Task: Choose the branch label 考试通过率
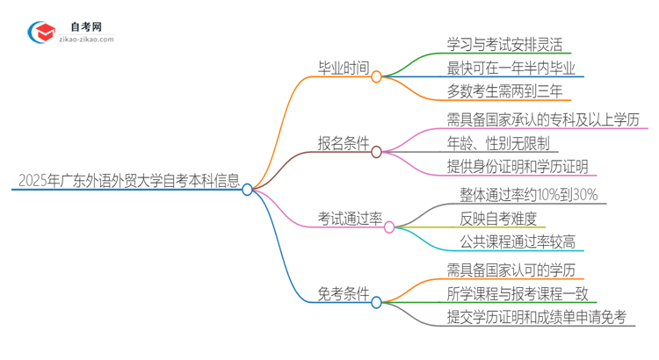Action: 349,218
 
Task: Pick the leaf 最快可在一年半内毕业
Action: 511,67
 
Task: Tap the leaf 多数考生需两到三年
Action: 505,90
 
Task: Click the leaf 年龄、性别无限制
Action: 497,142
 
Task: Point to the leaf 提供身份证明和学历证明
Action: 518,166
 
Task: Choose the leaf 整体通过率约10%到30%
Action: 528,195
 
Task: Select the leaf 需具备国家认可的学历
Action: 511,270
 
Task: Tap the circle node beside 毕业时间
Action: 376,76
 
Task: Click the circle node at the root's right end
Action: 248,189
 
